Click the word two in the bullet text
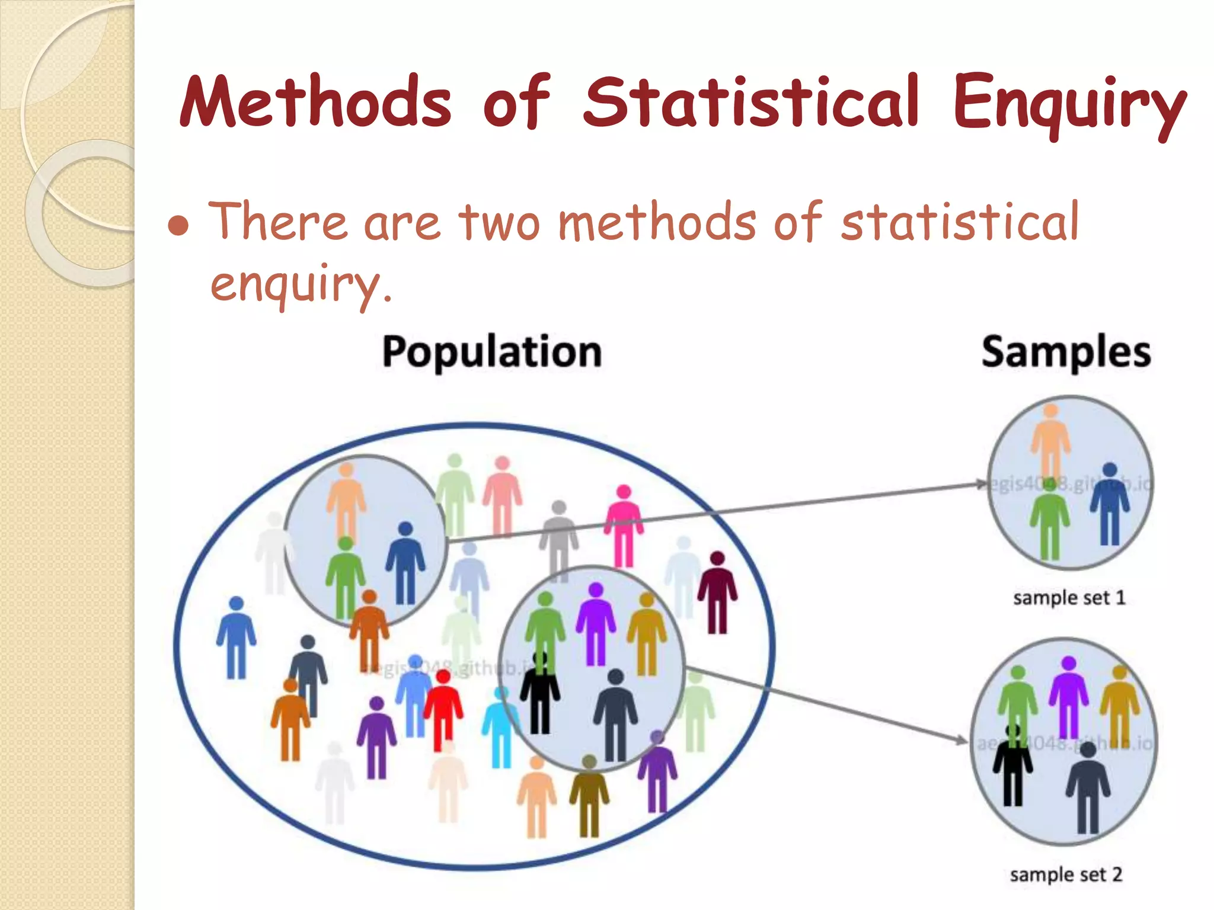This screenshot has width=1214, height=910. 500,223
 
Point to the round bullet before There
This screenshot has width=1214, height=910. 178,226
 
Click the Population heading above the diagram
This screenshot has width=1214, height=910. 491,352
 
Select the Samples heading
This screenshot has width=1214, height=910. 1066,352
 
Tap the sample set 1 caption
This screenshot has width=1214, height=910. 1069,597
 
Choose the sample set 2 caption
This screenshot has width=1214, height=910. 1066,874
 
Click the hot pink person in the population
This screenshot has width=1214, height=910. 623,524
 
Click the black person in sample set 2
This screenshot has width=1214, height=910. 1012,767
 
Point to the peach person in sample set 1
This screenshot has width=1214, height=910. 1050,438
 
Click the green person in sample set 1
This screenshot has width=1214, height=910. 1049,518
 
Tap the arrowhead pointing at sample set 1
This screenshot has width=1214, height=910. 981,484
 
